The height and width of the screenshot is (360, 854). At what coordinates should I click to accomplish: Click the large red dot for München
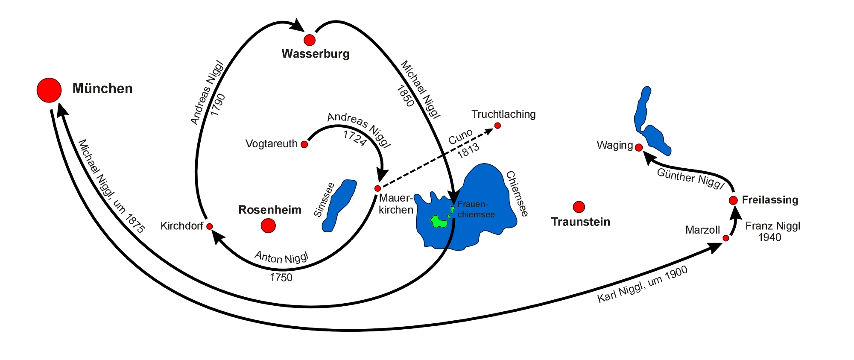coord(49,90)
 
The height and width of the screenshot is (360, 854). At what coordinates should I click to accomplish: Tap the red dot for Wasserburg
coord(310,40)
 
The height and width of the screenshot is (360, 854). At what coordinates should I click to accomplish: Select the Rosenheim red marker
coord(268,225)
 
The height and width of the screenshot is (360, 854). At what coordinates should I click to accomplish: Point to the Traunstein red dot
coord(579,207)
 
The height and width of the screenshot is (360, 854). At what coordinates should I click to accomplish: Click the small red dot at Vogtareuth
coord(304,144)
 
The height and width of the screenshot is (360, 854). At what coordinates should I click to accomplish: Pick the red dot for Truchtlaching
coord(497,126)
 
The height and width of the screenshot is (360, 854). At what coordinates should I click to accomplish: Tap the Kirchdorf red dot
coord(210,226)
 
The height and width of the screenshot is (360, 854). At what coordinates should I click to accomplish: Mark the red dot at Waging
coord(639,147)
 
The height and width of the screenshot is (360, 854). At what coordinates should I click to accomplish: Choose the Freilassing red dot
coord(733,200)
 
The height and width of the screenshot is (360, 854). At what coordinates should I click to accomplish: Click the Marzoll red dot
coord(726,238)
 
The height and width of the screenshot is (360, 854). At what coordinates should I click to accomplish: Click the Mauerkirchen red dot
coord(377,188)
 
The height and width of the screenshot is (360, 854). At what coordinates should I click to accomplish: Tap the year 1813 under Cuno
coord(468,151)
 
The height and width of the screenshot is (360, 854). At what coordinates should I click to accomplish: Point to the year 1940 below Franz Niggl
coord(769,237)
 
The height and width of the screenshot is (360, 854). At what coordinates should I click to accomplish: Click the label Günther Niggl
coord(690,179)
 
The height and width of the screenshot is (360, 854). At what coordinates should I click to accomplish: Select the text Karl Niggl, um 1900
coord(642,285)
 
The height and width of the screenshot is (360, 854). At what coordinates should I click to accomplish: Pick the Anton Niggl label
coord(281,258)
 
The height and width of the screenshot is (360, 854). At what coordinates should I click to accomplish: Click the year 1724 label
coord(354,138)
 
